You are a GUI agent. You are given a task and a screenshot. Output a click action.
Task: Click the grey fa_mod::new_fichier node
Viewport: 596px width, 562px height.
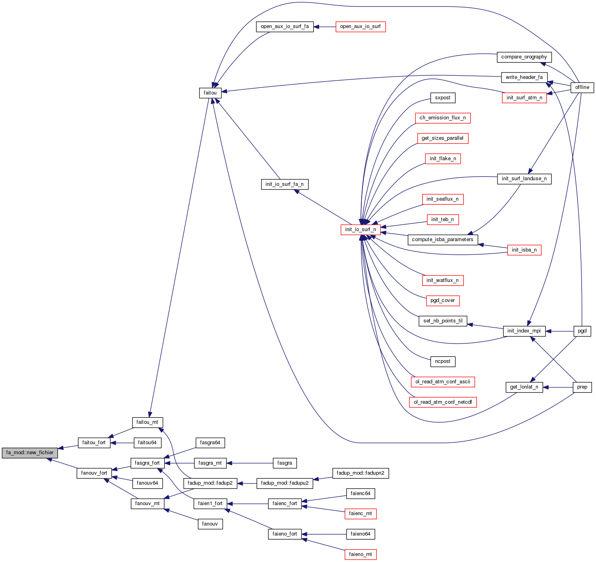(x=30, y=453)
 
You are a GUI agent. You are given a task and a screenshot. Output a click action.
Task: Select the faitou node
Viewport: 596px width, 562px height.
(x=210, y=93)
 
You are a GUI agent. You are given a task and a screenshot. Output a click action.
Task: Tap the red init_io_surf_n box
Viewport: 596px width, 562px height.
(x=360, y=230)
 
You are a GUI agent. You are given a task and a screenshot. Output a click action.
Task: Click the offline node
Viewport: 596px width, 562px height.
(x=582, y=87)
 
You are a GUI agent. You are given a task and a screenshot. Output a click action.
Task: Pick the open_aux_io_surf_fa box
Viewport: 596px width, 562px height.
(x=284, y=27)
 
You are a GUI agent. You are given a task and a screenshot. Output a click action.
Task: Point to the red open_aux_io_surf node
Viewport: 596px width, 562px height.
(x=360, y=27)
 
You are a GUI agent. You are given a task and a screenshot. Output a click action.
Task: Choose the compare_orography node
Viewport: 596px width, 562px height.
(x=524, y=57)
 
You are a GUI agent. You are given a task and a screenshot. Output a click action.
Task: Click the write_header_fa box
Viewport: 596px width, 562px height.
(x=524, y=77)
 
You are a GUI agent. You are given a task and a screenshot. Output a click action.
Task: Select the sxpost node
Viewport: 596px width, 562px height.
(x=443, y=98)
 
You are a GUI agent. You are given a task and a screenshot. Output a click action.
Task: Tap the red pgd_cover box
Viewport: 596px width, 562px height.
(x=443, y=300)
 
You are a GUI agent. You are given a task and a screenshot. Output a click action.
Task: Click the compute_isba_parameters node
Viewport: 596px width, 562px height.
(x=442, y=240)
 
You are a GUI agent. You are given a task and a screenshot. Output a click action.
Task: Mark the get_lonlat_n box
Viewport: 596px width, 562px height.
(x=524, y=387)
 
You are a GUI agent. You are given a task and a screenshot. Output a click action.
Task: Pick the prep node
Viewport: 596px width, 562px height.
(x=582, y=387)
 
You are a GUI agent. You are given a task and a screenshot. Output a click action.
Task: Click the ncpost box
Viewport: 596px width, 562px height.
(x=443, y=361)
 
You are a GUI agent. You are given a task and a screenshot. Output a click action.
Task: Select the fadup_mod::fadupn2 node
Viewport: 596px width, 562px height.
(x=360, y=473)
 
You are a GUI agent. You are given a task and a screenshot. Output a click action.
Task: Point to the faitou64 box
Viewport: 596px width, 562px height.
(x=147, y=443)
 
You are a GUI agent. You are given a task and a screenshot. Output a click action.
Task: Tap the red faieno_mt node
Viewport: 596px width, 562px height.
(x=360, y=554)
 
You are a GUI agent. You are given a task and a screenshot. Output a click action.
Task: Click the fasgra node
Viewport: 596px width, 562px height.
(x=284, y=463)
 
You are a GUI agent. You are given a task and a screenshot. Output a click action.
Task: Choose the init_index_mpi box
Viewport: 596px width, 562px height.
(x=524, y=331)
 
